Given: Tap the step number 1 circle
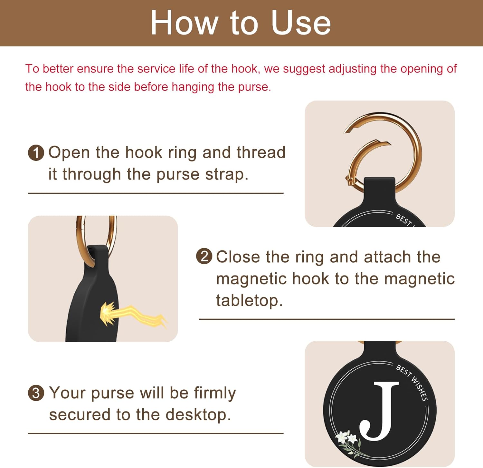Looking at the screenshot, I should pyautogui.click(x=36, y=153).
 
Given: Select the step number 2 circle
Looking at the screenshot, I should pyautogui.click(x=204, y=257).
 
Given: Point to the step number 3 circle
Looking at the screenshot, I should pyautogui.click(x=36, y=393).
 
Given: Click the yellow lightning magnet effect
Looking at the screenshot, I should pyautogui.click(x=129, y=314).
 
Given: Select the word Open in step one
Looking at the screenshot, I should pyautogui.click(x=69, y=153).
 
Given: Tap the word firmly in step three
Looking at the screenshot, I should pyautogui.click(x=215, y=393).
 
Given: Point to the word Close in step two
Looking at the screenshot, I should pyautogui.click(x=238, y=257).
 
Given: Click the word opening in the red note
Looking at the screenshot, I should pyautogui.click(x=422, y=69).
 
